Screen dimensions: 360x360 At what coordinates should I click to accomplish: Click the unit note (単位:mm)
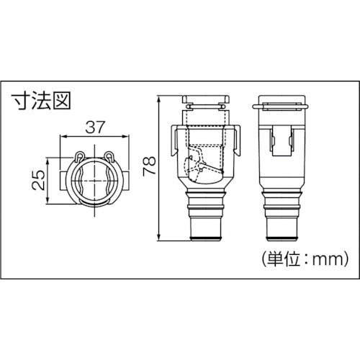coord(302,256)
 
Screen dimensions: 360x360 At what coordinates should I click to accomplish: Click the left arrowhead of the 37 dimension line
coord(63,137)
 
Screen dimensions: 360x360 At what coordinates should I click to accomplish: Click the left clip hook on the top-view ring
coord(78,157)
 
